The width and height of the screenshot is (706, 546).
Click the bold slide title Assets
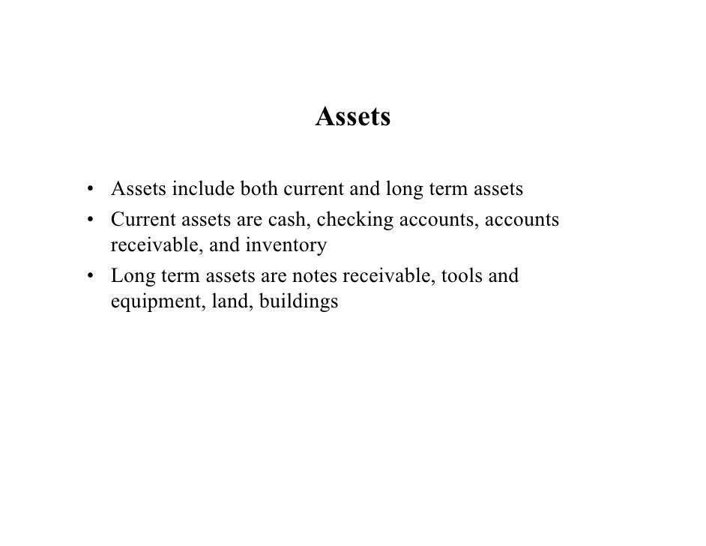(353, 117)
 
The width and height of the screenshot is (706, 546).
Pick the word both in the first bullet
(259, 189)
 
